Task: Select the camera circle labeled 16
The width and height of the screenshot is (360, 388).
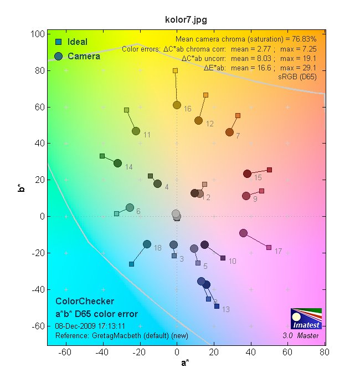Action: point(177,105)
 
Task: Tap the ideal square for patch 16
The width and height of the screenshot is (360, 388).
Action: point(175,71)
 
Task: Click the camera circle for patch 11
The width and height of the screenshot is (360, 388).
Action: point(136,131)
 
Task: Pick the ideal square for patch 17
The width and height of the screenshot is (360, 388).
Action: point(269,247)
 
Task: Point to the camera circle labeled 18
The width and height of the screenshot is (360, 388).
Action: point(147,244)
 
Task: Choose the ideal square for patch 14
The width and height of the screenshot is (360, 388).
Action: point(102,156)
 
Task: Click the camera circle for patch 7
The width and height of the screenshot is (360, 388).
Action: point(229,132)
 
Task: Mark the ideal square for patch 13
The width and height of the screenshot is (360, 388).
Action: point(217,306)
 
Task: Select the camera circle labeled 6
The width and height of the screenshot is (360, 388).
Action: point(130,207)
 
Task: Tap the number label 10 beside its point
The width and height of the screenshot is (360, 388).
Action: point(232,261)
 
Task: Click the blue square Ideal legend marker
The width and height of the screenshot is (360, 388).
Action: point(58,42)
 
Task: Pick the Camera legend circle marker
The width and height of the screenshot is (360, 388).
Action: point(58,56)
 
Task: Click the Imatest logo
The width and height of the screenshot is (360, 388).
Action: point(306,318)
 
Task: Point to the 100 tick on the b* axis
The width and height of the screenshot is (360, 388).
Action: point(38,34)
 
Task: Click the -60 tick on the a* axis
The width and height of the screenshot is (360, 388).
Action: point(66,351)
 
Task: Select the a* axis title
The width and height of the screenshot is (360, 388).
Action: point(186,363)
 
